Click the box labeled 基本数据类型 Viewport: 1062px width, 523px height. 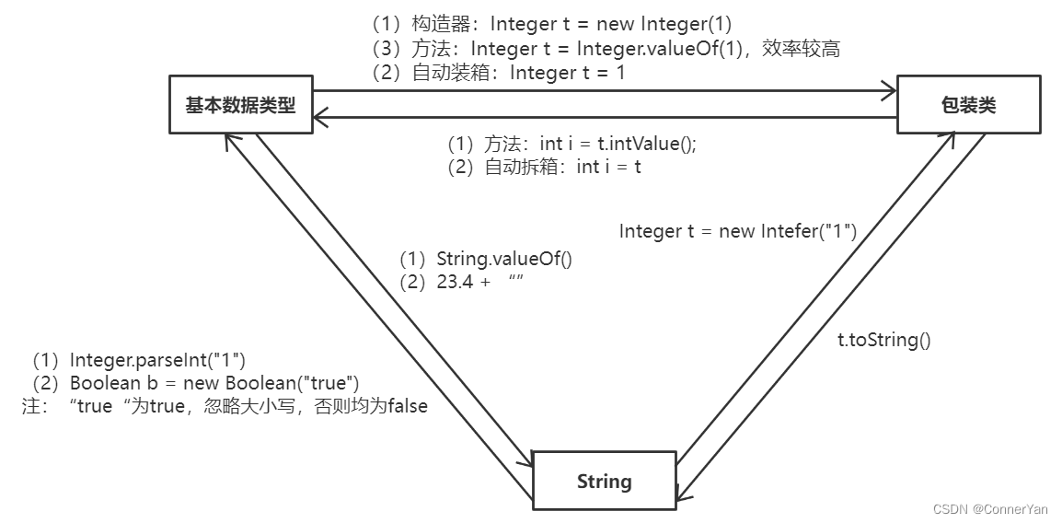coord(240,105)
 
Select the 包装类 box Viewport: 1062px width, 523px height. coord(968,105)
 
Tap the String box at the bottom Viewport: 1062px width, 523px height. coord(604,481)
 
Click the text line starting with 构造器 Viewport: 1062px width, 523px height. coord(551,25)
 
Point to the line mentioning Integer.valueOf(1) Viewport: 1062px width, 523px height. coord(606,49)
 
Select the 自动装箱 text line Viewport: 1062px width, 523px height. coord(498,73)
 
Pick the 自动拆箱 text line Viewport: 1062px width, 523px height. coord(544,167)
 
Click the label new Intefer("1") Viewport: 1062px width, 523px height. coord(737,231)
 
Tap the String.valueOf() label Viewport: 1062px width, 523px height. coord(486,259)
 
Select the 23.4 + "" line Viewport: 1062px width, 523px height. coord(461,283)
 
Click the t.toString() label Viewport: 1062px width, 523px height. coord(883,340)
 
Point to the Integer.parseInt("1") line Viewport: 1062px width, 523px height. coord(139,359)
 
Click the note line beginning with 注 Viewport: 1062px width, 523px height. coord(225,406)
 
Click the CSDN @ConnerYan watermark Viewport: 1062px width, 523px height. coord(989,509)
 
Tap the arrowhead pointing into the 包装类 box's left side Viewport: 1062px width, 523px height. coord(889,90)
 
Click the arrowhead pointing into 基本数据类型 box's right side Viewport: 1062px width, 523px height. coord(320,117)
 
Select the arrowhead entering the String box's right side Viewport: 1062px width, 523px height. coord(682,495)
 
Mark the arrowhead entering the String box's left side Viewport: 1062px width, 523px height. coord(528,460)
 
